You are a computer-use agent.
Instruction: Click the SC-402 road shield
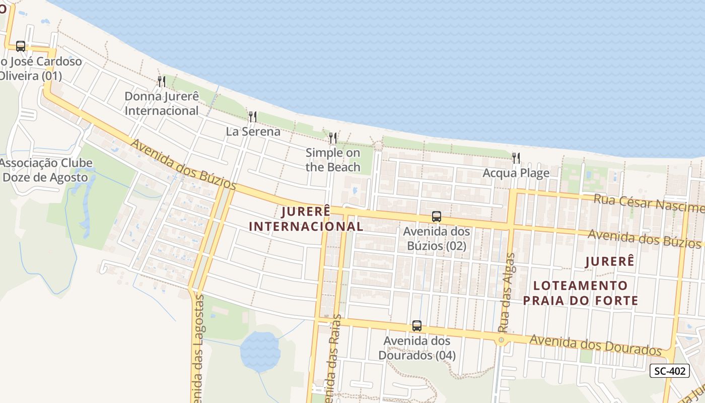tap(669, 371)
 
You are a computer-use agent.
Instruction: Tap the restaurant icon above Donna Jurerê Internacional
tap(162, 81)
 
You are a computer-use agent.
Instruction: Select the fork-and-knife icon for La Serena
tap(253, 117)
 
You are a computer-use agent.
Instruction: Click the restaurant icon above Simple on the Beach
tap(332, 138)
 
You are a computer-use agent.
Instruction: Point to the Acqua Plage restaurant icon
tap(516, 158)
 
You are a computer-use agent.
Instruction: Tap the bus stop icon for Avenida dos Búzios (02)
tap(437, 217)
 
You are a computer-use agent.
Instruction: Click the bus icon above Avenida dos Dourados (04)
tap(417, 326)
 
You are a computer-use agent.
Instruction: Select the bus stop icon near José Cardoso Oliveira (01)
tap(21, 46)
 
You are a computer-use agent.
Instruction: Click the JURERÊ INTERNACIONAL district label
tap(306, 219)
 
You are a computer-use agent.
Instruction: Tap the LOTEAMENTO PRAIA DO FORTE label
tap(581, 293)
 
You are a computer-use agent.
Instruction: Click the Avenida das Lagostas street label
tap(198, 348)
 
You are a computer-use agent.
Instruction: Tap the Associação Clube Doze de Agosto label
tap(47, 170)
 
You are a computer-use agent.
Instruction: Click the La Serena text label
tap(253, 131)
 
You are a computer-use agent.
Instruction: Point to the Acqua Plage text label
tap(516, 173)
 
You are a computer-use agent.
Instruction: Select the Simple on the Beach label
tap(333, 160)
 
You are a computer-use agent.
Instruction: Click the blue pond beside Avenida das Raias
tap(260, 351)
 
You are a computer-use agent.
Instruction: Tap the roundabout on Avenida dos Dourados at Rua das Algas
tap(501, 341)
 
